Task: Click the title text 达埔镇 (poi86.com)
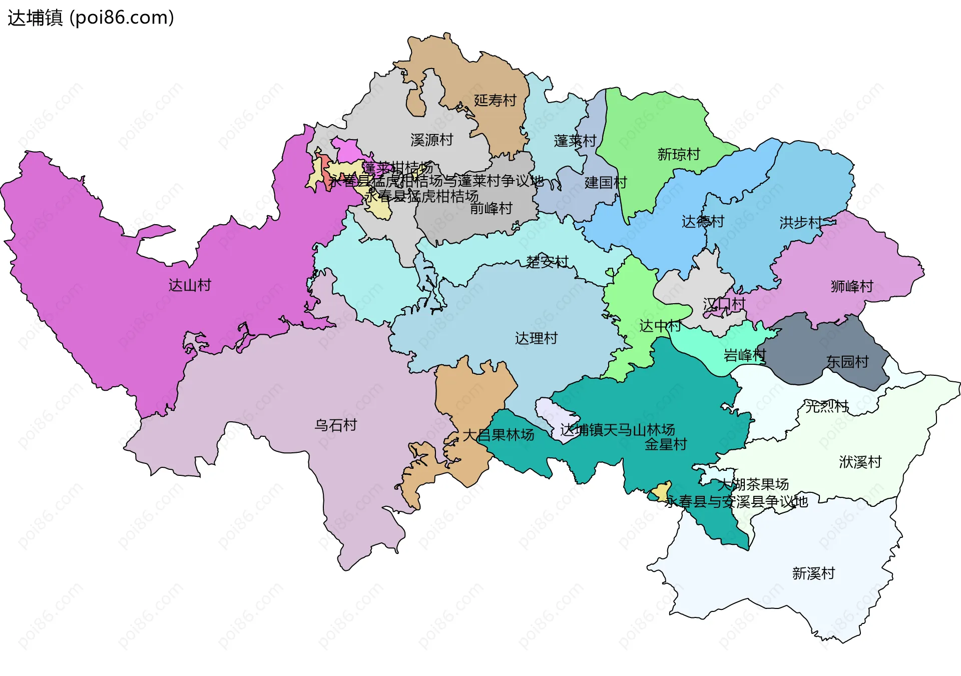coord(91,18)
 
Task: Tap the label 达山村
coord(190,285)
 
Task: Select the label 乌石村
coord(335,425)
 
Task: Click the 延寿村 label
coord(495,101)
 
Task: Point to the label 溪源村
coord(431,140)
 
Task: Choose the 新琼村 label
coord(678,154)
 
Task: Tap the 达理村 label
coord(536,338)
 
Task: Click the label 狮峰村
coord(851,286)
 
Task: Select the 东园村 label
coord(847,362)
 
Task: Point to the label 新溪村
coord(813,573)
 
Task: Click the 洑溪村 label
coord(860,462)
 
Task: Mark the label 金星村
coord(665,444)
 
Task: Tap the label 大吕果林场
coord(498,435)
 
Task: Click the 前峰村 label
coord(491,208)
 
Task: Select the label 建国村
coord(606,183)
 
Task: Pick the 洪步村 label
coord(800,223)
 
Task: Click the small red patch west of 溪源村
coord(324,173)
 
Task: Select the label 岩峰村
coord(744,355)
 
